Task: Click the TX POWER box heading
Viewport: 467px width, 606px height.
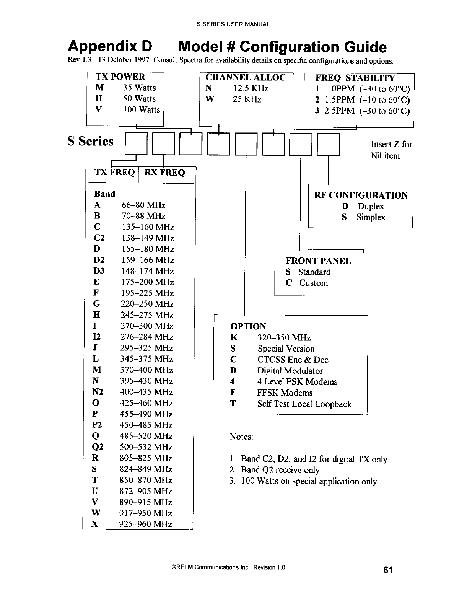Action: point(120,77)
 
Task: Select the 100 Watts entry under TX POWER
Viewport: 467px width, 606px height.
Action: point(141,110)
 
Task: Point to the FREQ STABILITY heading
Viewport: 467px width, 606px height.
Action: point(355,78)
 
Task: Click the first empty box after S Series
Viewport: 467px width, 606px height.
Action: point(136,144)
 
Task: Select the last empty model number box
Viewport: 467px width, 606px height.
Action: point(329,144)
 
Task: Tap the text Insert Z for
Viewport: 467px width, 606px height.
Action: point(391,144)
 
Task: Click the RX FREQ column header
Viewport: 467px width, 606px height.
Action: point(164,173)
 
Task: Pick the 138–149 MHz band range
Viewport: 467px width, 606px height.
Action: point(148,238)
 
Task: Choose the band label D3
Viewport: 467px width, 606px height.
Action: point(99,271)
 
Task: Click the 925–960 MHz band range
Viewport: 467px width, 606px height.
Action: point(146,524)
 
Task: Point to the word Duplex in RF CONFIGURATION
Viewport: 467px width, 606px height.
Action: point(371,207)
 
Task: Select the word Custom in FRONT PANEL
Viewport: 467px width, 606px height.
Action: point(314,283)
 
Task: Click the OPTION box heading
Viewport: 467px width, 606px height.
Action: point(248,326)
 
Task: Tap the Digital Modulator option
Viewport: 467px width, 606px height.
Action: point(290,371)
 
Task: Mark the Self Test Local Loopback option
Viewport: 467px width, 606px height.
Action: point(304,404)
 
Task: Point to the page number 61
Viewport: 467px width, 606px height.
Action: point(388,570)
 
